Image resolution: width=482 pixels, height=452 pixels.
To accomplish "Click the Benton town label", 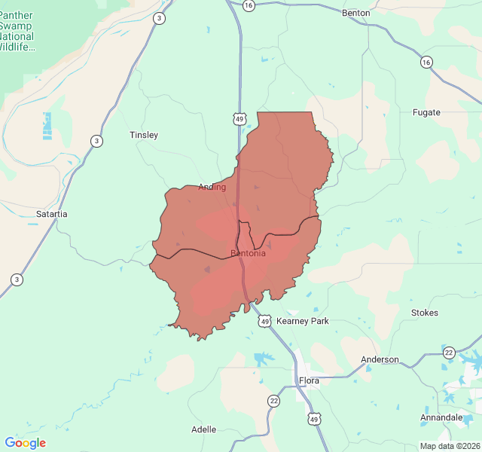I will coord(356,13).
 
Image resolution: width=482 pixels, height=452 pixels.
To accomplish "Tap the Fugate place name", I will coord(426,112).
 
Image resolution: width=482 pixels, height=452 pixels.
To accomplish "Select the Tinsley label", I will coord(144,135).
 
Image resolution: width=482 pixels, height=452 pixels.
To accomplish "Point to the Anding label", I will coord(212,187).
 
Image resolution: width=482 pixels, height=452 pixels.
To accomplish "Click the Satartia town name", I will coord(51,214).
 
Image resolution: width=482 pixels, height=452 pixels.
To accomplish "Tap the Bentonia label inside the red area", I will coord(248,253).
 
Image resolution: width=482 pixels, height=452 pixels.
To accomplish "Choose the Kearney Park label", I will coord(303,321).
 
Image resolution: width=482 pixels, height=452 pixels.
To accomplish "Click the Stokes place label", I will coord(424,312).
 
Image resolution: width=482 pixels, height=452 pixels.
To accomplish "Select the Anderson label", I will coord(380,359).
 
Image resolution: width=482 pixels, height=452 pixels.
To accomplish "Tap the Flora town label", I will coord(309,380).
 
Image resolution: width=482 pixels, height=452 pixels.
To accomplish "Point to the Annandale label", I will coord(442,417).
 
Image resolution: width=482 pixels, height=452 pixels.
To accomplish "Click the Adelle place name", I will coord(203,429).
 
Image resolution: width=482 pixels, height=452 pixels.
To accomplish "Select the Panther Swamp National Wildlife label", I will coord(17,31).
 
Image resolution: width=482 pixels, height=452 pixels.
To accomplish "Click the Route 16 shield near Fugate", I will coord(427,62).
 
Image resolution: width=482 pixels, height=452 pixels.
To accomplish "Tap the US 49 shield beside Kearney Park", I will coord(264,322).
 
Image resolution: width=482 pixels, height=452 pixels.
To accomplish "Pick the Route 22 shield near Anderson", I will coord(449,353).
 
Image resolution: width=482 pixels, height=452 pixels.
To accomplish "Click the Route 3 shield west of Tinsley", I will coord(96,141).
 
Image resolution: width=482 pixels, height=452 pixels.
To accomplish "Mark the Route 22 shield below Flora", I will coord(273,401).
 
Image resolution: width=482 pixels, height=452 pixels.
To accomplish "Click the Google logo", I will coord(25,443).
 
